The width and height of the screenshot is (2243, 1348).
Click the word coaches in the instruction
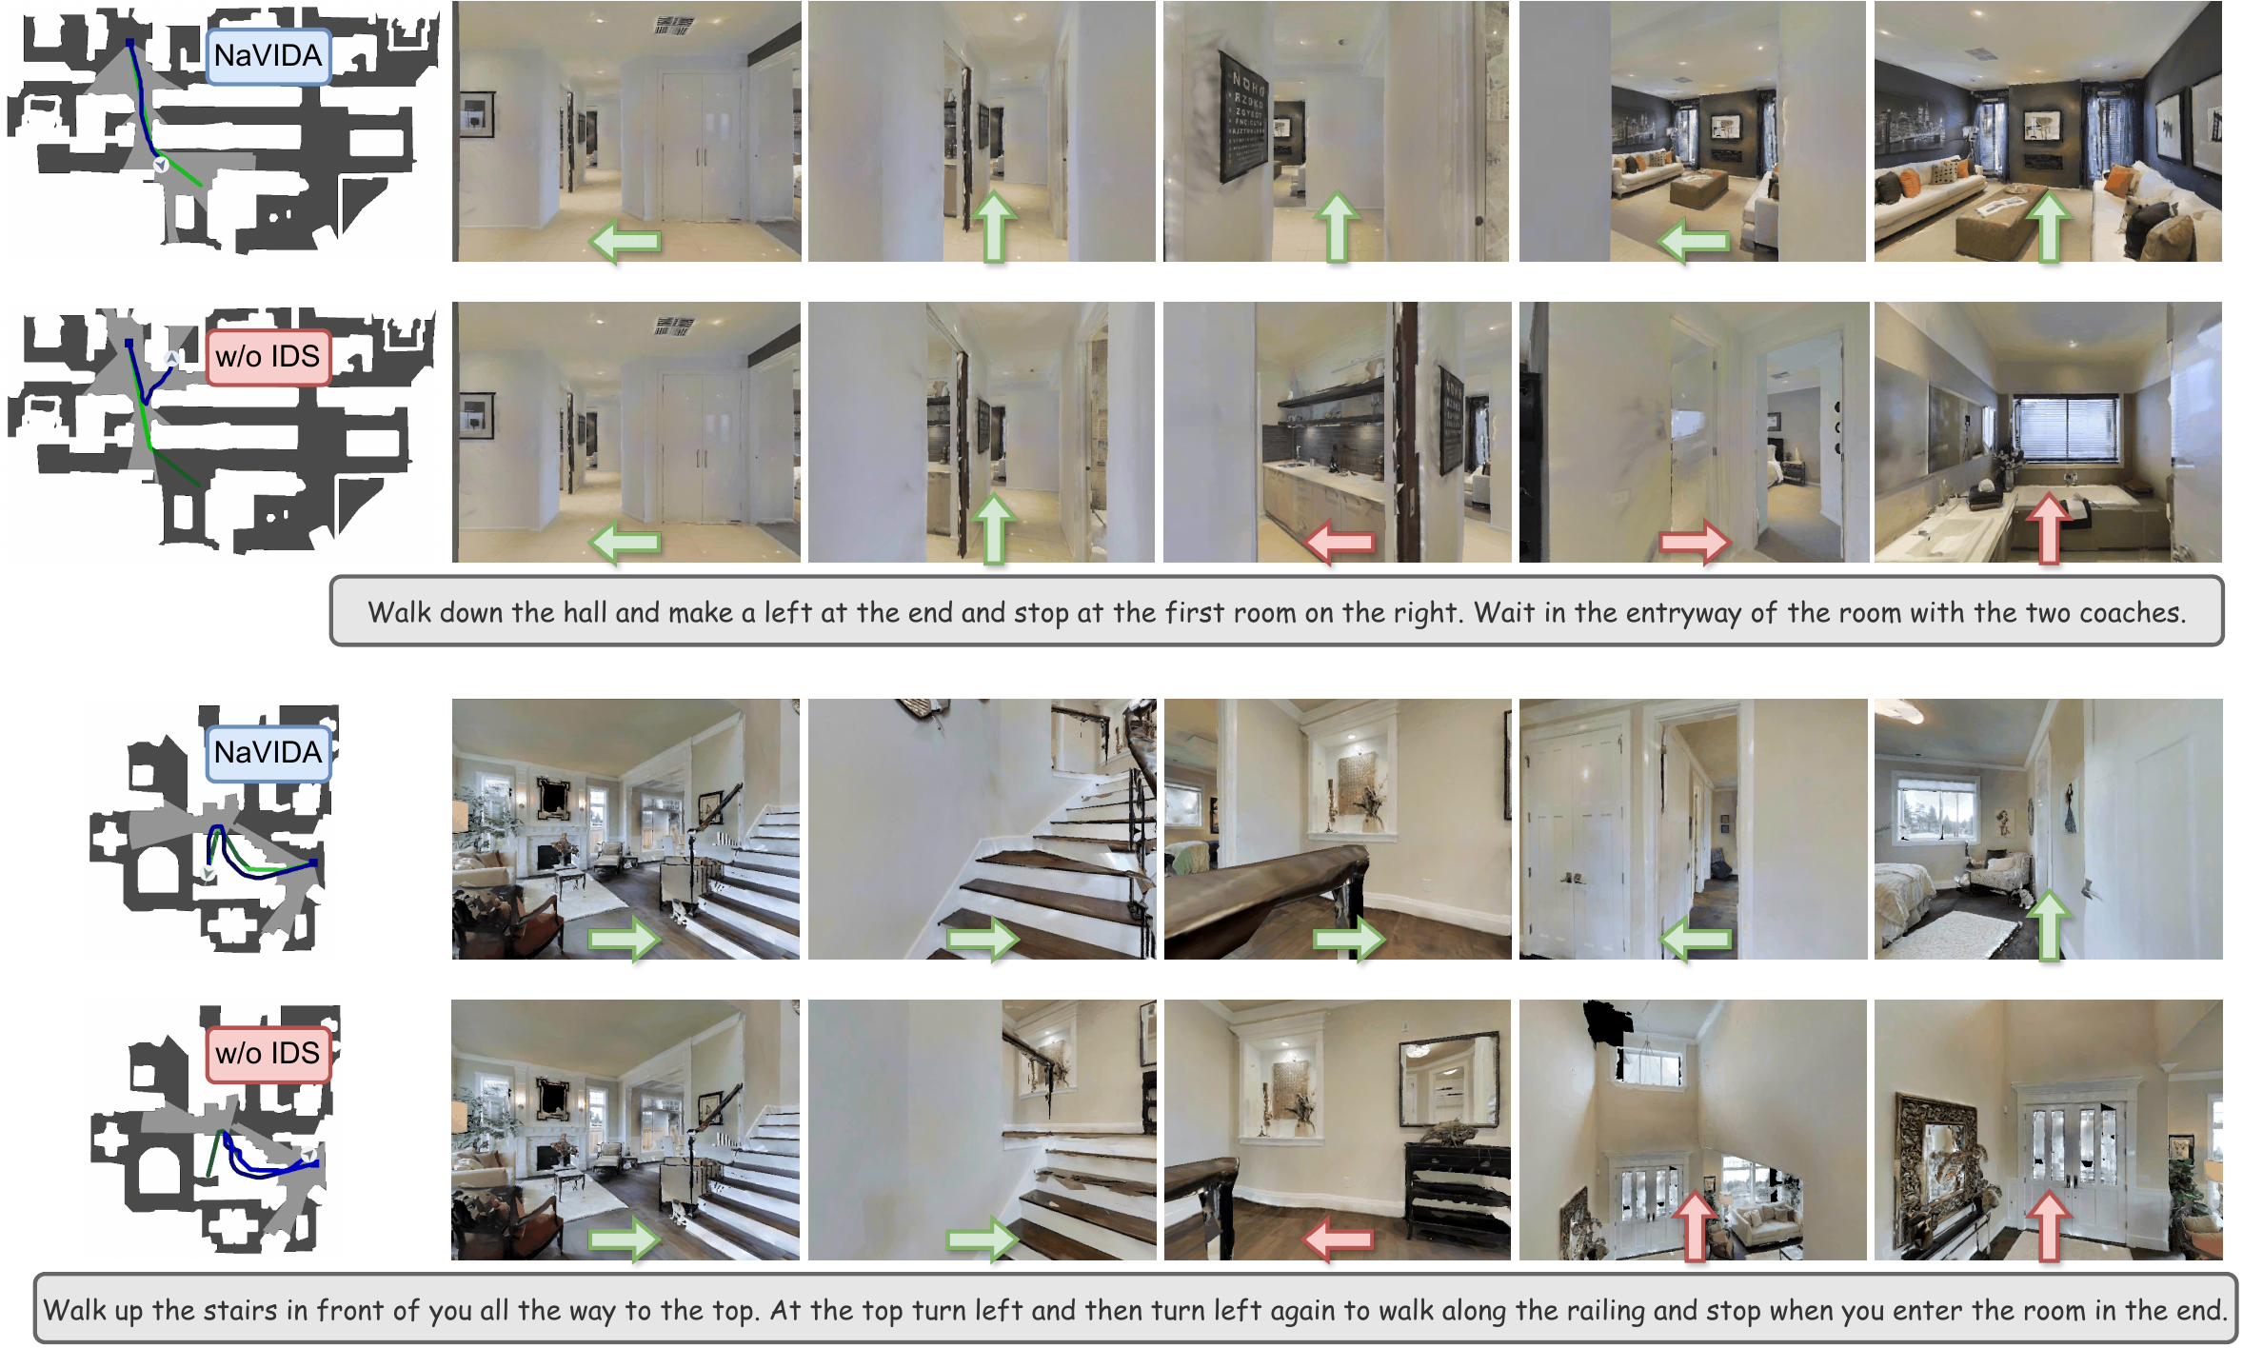click(2131, 612)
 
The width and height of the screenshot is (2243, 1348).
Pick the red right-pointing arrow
click(1695, 543)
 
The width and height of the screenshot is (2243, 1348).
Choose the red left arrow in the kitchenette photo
click(1340, 543)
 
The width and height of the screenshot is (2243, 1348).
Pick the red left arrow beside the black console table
click(1339, 1239)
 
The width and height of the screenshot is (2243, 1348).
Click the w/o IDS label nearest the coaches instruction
click(268, 357)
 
